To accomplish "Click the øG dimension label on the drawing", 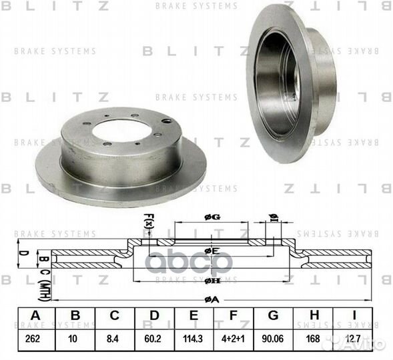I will click(x=212, y=217).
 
